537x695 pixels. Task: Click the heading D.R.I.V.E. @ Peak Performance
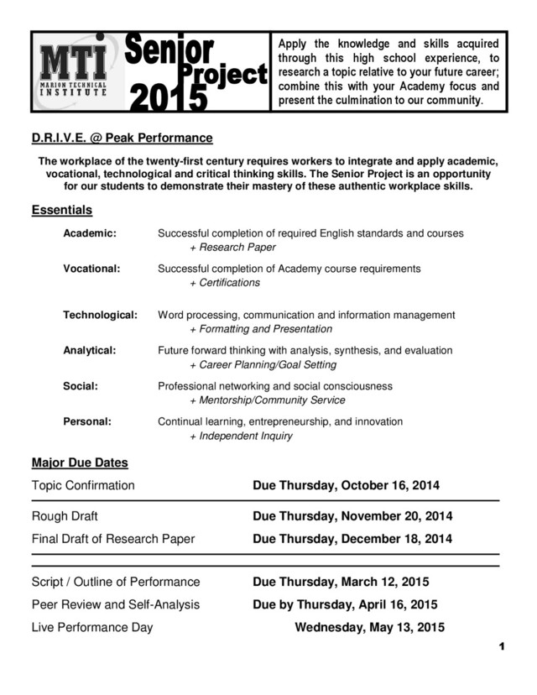[x=122, y=138]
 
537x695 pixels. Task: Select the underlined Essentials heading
[x=61, y=210]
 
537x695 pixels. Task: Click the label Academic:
[x=90, y=233]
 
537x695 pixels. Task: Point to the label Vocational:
[x=92, y=268]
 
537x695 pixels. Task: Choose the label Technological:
[x=100, y=315]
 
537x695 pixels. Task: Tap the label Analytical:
[x=90, y=350]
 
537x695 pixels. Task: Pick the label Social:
[x=81, y=386]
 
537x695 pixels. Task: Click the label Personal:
[x=87, y=421]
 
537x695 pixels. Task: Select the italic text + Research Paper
[x=232, y=248]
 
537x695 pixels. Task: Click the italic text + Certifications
[x=225, y=283]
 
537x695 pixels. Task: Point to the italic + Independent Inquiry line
[x=241, y=436]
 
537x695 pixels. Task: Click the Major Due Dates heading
[x=80, y=462]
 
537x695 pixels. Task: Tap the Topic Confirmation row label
[x=82, y=485]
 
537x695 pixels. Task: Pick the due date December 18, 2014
[x=393, y=538]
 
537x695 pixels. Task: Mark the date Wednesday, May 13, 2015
[x=369, y=627]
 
